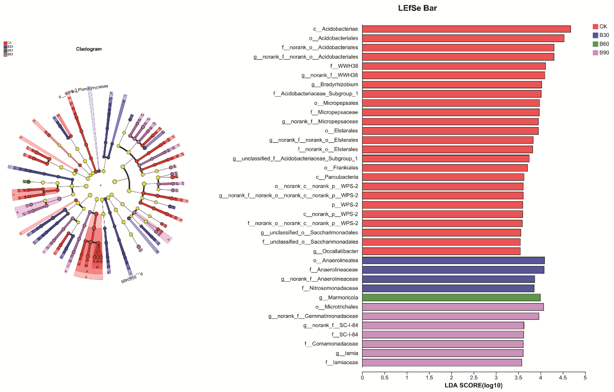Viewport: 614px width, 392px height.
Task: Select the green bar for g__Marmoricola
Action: tap(451, 297)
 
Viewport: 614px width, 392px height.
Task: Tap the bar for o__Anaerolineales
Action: tap(453, 261)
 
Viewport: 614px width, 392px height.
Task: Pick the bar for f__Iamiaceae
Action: tap(442, 362)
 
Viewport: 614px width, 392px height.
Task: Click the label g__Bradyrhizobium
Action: tap(335, 85)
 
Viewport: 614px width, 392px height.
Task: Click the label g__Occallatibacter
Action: tap(336, 251)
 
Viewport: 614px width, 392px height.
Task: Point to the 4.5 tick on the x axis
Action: tap(563, 378)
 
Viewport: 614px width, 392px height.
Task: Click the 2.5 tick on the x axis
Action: tap(474, 378)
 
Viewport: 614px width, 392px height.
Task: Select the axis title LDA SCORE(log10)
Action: tap(474, 385)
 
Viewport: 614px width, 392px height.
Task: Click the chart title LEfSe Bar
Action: tap(417, 8)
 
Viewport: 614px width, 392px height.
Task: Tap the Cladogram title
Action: tap(89, 49)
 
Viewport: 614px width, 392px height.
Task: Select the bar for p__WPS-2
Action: tap(442, 205)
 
